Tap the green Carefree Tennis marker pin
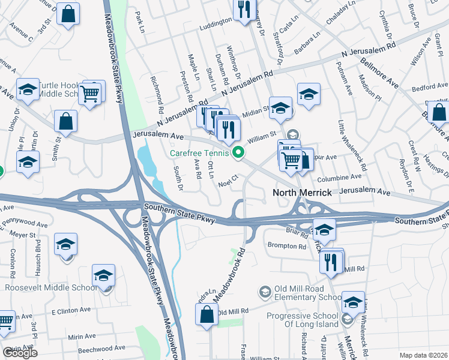238,153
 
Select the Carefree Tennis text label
199,153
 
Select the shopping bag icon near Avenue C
68,14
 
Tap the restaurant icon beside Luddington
244,10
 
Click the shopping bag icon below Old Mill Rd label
206,314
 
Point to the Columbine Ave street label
340,177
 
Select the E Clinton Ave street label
71,311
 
